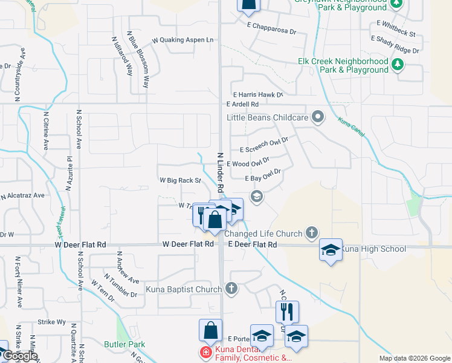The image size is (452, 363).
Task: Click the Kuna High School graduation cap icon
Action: (331, 249)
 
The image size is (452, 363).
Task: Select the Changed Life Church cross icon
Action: (311, 233)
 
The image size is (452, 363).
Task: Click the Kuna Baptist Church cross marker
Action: (230, 289)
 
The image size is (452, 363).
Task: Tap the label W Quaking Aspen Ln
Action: (183, 40)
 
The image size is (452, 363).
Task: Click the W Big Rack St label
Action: (180, 180)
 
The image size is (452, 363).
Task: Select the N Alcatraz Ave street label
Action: (22, 196)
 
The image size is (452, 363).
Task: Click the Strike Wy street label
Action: (51, 322)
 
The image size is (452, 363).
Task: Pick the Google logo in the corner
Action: (19, 356)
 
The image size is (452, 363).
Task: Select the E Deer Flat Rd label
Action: (253, 244)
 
